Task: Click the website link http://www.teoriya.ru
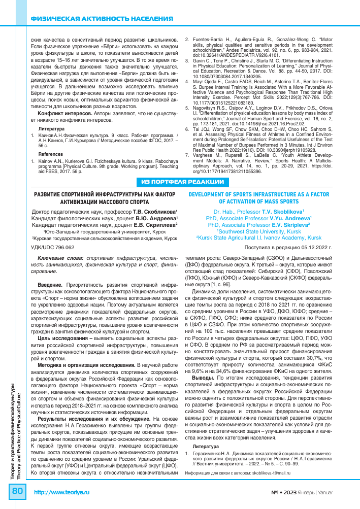61,493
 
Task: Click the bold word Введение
50,286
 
